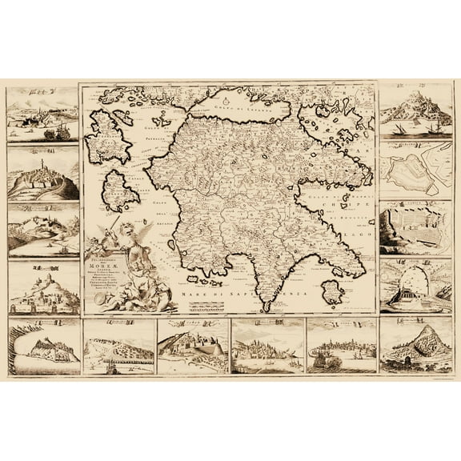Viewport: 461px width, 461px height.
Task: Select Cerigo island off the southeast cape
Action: tap(331, 291)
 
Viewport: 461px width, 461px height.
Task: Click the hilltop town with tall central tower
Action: tap(42, 173)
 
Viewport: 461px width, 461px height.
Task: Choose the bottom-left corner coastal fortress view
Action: tap(42, 347)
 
